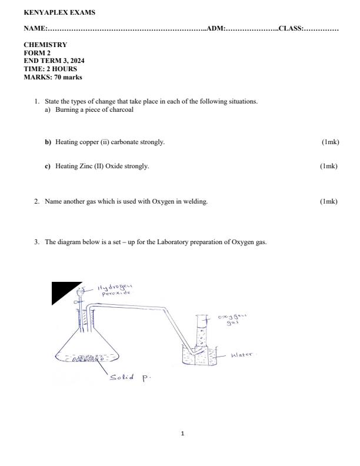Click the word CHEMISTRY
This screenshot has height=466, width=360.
(x=45, y=45)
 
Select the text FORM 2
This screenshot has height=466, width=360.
(x=37, y=53)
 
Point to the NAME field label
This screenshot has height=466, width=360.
(x=35, y=28)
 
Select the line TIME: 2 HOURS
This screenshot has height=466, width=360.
(x=50, y=69)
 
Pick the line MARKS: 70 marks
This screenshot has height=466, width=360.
(x=53, y=77)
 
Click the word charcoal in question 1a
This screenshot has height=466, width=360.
(x=122, y=110)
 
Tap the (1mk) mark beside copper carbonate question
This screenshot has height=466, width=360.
(x=330, y=142)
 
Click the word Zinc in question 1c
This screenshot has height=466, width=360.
(x=84, y=166)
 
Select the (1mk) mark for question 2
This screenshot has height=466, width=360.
(x=329, y=202)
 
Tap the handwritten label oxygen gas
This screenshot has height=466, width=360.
(x=232, y=320)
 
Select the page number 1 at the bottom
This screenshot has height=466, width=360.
(x=182, y=434)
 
